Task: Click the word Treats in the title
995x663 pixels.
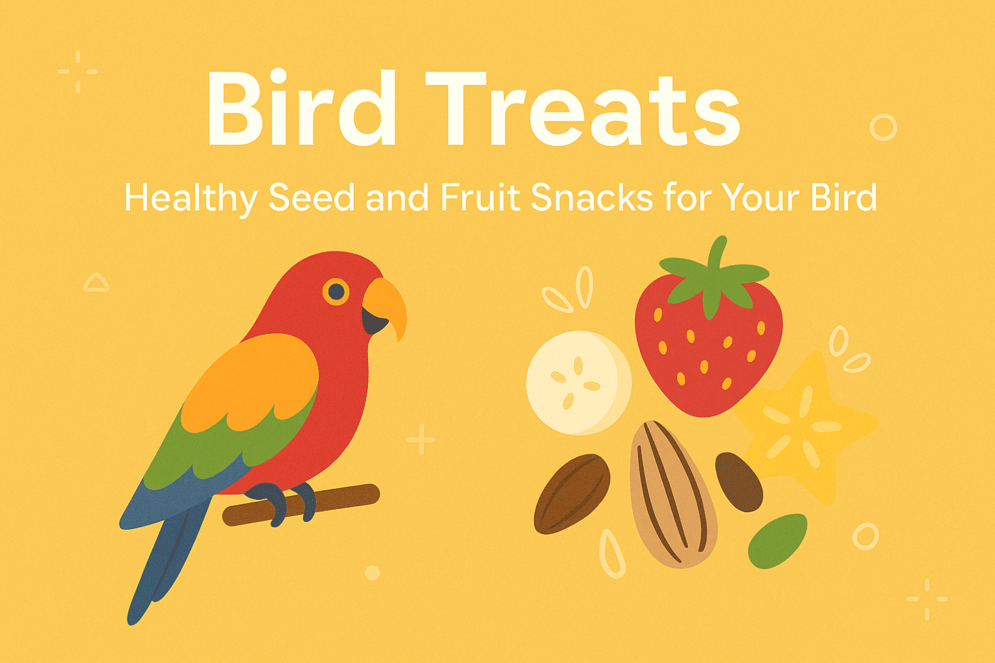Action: [x=583, y=109]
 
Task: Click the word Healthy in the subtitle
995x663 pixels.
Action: [x=191, y=198]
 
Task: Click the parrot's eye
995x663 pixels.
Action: [x=336, y=292]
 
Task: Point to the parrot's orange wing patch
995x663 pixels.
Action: [x=250, y=383]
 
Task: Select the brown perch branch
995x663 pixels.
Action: [x=301, y=505]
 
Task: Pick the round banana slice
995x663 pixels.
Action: [x=579, y=383]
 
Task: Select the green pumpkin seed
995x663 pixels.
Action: [x=777, y=541]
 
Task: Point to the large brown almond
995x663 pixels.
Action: [x=572, y=493]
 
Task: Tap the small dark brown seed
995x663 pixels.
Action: [x=739, y=482]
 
